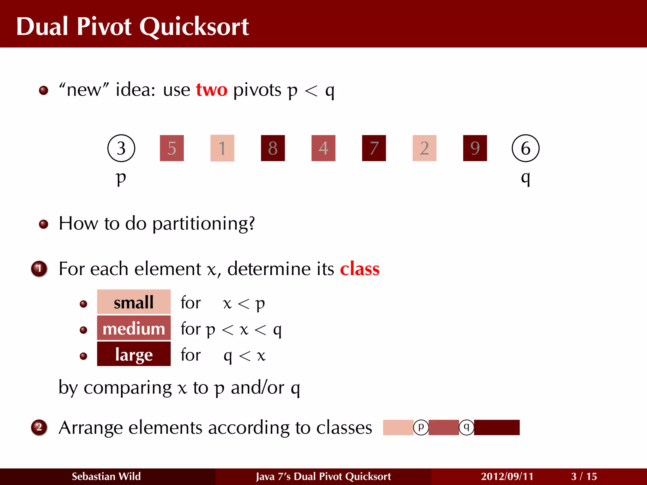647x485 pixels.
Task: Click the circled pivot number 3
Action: (x=121, y=148)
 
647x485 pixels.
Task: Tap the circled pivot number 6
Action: (x=525, y=148)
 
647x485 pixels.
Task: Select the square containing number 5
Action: (x=172, y=148)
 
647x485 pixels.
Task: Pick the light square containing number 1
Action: (x=222, y=148)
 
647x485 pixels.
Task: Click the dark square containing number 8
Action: (x=273, y=148)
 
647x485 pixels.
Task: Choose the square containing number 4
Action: (x=323, y=148)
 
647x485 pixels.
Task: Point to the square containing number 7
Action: (x=374, y=148)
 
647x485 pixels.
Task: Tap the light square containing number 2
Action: (x=424, y=148)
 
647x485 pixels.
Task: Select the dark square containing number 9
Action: (x=475, y=148)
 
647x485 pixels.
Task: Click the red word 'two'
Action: (x=211, y=90)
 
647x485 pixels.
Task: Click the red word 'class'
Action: (x=360, y=269)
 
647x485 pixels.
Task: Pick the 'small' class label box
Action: (x=134, y=302)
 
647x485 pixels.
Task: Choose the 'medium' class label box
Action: (x=134, y=328)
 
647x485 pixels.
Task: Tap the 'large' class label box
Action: (x=134, y=354)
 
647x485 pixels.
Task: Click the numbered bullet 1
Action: (x=39, y=269)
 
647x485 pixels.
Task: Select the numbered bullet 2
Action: (x=39, y=428)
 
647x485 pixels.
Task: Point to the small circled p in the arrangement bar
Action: (x=421, y=428)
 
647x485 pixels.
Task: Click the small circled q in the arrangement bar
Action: (x=466, y=428)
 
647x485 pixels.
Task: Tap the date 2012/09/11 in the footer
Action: (x=507, y=476)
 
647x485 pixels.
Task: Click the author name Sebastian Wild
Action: (x=106, y=476)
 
